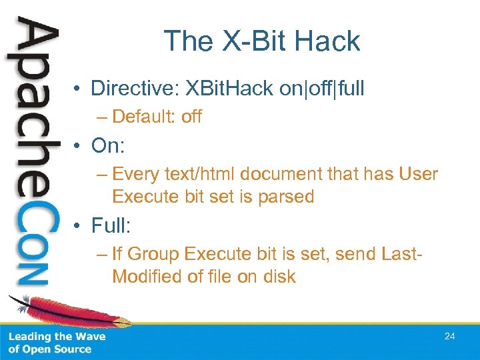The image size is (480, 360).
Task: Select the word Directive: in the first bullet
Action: coord(135,88)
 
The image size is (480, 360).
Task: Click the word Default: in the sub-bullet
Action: coord(144,117)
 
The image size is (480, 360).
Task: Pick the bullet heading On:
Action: coord(108,146)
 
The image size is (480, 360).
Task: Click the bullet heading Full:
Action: coord(111,225)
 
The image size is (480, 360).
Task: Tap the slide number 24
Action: coord(449,337)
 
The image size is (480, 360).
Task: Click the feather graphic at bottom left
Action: coord(60,310)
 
